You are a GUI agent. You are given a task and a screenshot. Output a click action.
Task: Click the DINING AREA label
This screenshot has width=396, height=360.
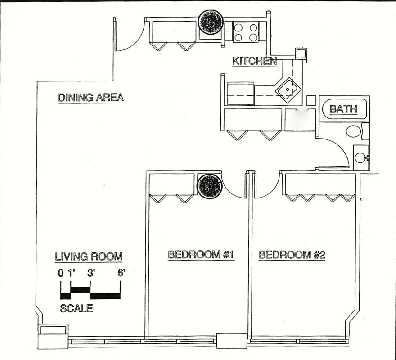pos(90,97)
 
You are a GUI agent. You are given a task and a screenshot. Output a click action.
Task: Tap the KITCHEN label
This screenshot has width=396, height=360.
pos(254,61)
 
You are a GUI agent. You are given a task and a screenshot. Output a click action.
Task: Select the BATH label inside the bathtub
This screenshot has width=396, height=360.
pos(343,109)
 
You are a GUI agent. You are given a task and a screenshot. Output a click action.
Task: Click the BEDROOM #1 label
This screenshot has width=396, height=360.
pos(201,255)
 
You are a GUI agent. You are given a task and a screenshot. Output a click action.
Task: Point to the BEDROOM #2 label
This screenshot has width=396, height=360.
pos(292,255)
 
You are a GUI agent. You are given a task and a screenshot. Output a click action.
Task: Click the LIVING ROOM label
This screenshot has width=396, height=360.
pos(89,256)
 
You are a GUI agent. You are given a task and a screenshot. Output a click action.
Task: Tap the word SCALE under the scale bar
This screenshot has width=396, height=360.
pos(76,308)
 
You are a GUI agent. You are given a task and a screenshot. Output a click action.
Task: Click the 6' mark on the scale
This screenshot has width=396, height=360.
pos(121,272)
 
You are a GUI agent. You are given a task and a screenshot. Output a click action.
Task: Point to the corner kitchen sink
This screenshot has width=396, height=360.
pos(287,89)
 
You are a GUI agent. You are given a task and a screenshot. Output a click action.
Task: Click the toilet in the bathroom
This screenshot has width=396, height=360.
pos(354,131)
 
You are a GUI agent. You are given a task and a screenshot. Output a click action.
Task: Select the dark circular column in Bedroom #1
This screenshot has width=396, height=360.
pos(210,185)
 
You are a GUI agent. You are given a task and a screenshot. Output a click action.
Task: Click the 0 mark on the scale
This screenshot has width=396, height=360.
pos(61,272)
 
